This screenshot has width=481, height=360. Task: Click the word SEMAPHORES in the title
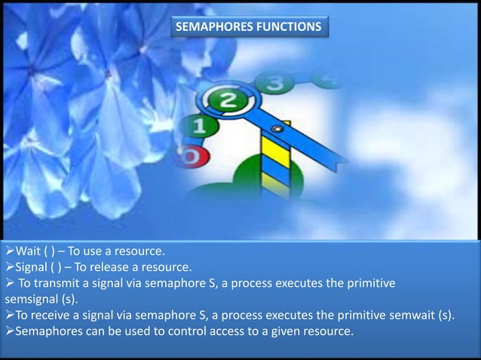tap(212, 28)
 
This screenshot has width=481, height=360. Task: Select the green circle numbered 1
tap(198, 127)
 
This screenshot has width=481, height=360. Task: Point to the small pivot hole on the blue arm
tap(277, 130)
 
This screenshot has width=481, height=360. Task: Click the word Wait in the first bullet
tap(29, 252)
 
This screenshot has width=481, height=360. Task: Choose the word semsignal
tap(29, 299)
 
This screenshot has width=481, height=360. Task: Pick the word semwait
tap(412, 315)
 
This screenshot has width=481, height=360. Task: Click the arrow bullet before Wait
tap(8, 252)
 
